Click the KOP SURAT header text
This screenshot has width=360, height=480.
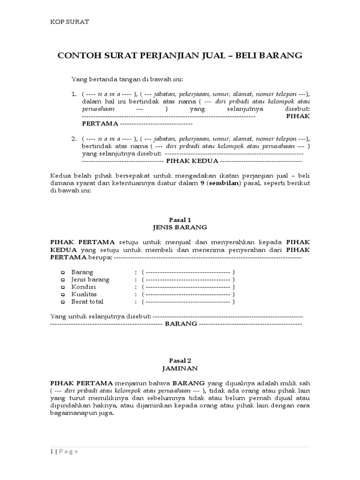click(x=69, y=22)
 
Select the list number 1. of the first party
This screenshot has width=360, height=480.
click(x=74, y=94)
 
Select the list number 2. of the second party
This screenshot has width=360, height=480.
click(x=74, y=139)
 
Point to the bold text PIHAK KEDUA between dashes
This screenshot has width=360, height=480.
click(x=192, y=160)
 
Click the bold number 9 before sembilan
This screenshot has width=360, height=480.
click(x=201, y=183)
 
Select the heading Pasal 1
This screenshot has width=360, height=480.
click(x=180, y=219)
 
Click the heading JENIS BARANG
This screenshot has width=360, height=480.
click(x=180, y=227)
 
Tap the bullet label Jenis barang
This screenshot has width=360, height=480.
click(x=90, y=279)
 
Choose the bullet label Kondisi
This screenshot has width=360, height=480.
click(x=83, y=287)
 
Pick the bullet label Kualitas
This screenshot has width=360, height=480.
click(x=84, y=294)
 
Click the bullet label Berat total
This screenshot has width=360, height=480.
click(x=87, y=302)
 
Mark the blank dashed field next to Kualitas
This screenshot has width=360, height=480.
click(x=187, y=294)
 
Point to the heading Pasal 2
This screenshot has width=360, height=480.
click(x=180, y=361)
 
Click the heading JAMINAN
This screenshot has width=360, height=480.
click(x=180, y=368)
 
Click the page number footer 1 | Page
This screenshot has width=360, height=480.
click(x=64, y=451)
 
